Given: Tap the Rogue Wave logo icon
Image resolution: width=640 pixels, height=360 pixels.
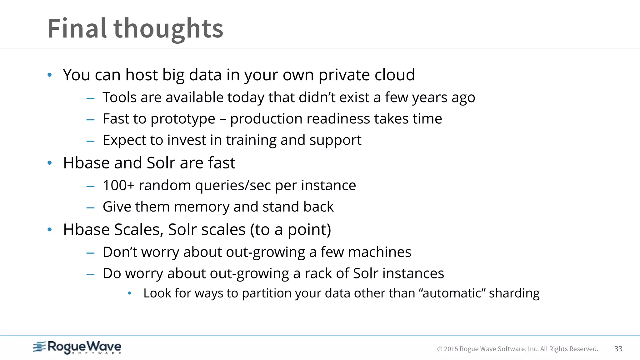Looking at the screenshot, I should [x=39, y=347].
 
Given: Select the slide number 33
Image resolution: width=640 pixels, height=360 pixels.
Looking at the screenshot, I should [x=618, y=349].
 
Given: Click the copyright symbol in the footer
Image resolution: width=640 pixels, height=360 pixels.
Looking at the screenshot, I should [x=440, y=349].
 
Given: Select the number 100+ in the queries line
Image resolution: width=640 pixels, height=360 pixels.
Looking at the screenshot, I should [x=118, y=185].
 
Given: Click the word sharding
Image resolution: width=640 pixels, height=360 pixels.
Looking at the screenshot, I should [x=514, y=293].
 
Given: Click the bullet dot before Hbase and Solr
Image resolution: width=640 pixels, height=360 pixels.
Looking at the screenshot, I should [x=49, y=163].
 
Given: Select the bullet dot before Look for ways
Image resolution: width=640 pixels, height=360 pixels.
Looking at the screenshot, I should [x=130, y=293].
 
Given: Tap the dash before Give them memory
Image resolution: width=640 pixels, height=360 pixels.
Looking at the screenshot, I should [x=90, y=207].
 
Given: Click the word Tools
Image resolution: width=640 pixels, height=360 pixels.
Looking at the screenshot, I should [x=119, y=97].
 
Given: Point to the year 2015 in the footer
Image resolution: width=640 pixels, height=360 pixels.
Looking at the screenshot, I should [x=451, y=349].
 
